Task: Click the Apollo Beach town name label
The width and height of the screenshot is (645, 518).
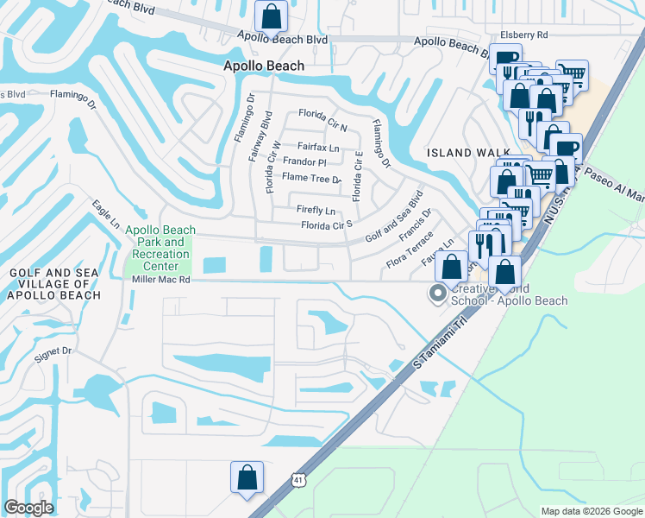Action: click(264, 66)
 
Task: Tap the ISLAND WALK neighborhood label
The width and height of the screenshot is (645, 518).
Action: click(464, 153)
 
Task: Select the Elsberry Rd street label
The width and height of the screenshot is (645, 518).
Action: click(530, 35)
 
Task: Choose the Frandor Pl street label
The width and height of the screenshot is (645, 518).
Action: click(304, 162)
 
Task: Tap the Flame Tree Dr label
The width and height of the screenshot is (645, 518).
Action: click(312, 178)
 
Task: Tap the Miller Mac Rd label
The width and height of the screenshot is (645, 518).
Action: click(161, 281)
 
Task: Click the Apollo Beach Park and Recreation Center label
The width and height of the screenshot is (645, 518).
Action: click(160, 249)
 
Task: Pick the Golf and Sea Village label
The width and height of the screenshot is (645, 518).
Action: click(55, 284)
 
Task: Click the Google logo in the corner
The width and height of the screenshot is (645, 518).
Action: click(28, 508)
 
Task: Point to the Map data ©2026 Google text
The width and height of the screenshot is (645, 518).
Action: click(591, 511)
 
